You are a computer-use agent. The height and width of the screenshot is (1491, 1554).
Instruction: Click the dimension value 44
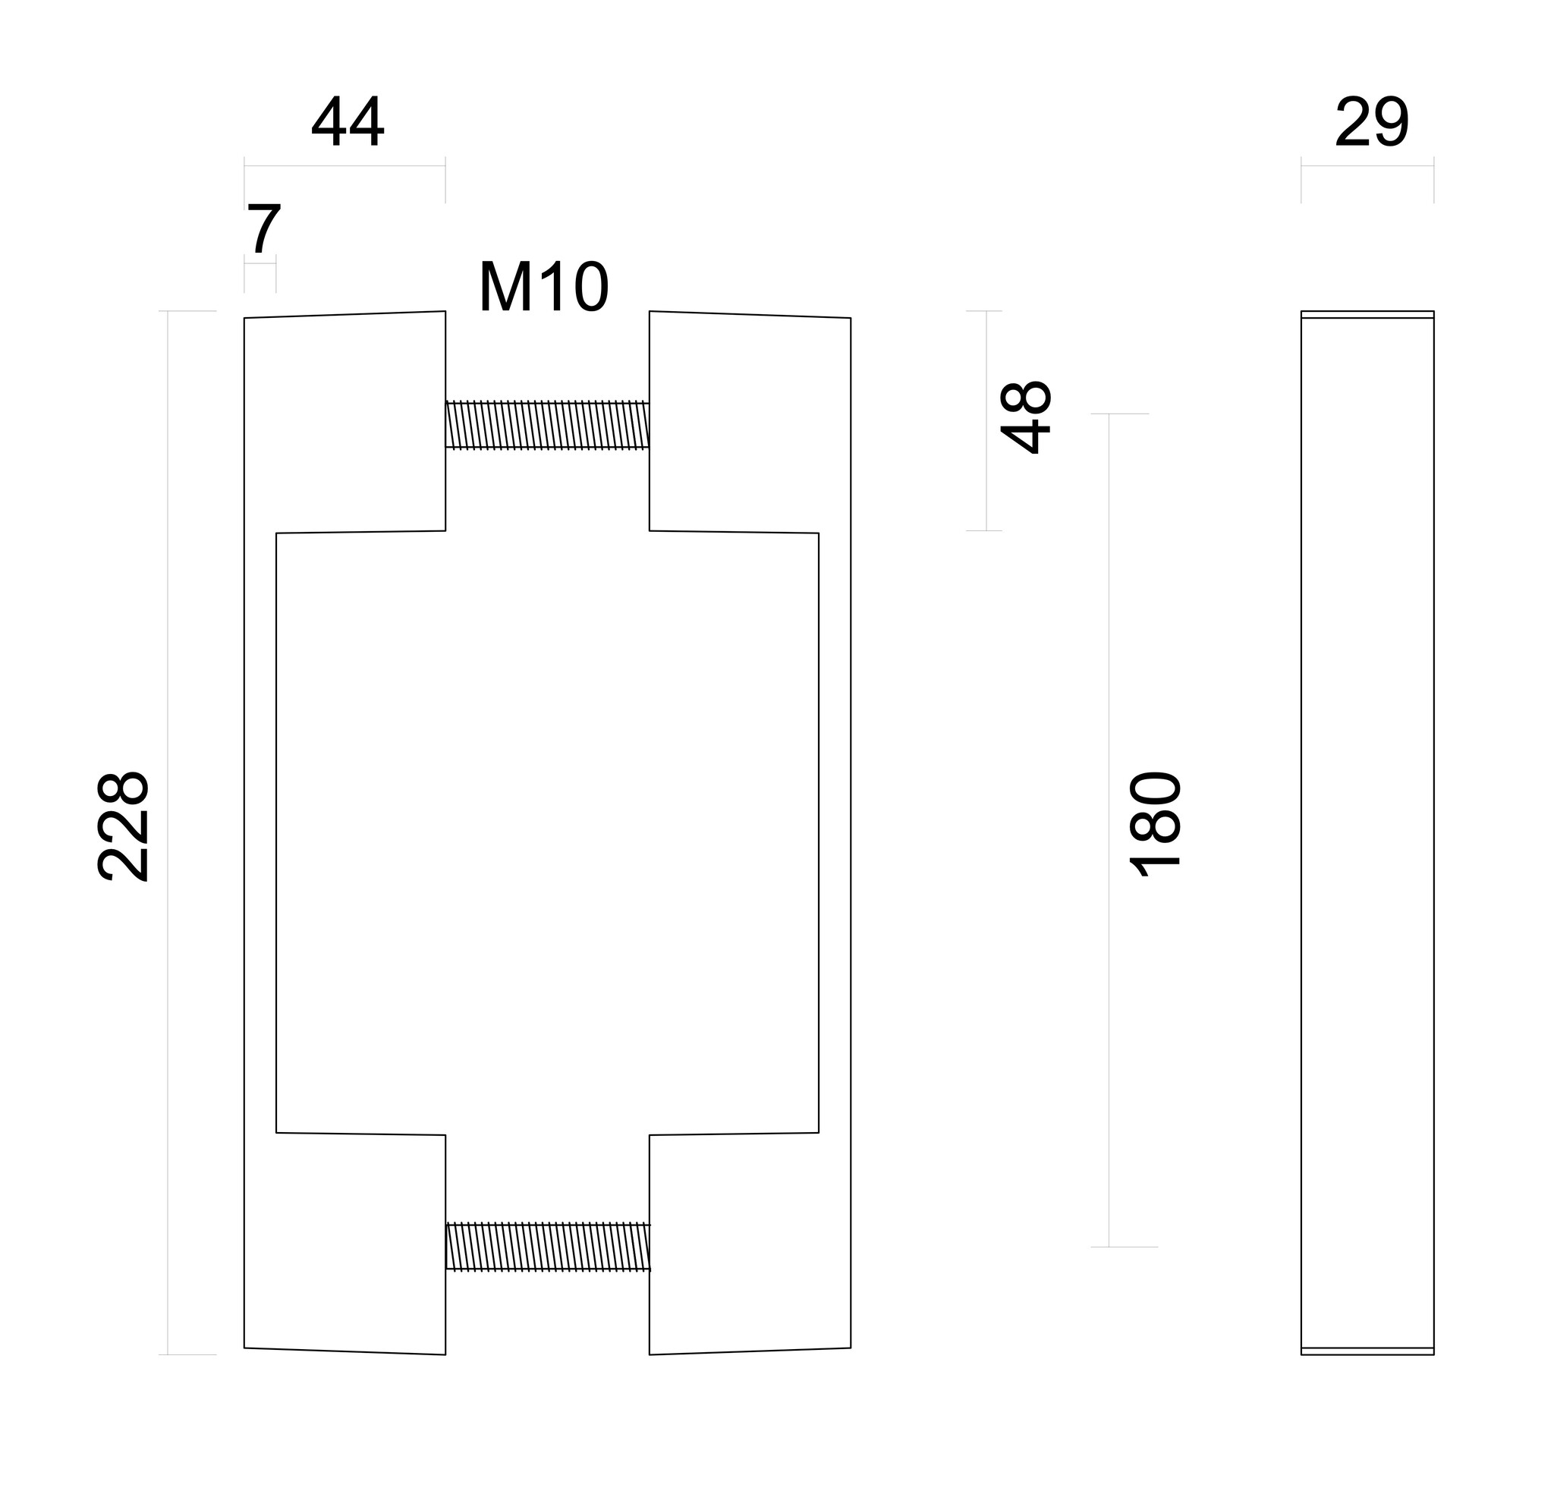[348, 123]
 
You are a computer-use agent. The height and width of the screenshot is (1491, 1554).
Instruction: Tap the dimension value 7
[263, 229]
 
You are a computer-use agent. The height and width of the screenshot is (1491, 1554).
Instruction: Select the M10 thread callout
[543, 288]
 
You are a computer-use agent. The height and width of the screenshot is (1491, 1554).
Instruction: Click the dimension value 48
[1026, 418]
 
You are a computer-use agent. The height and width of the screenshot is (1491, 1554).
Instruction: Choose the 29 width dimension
[1372, 123]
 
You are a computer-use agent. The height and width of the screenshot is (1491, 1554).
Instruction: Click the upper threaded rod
[547, 426]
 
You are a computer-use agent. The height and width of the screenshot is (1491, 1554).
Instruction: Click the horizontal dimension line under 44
[345, 165]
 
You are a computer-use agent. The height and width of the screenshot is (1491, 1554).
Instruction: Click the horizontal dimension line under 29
[1367, 165]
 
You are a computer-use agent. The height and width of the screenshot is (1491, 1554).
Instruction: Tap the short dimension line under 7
[260, 262]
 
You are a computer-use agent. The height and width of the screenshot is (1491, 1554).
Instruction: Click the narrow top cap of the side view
[1367, 315]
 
